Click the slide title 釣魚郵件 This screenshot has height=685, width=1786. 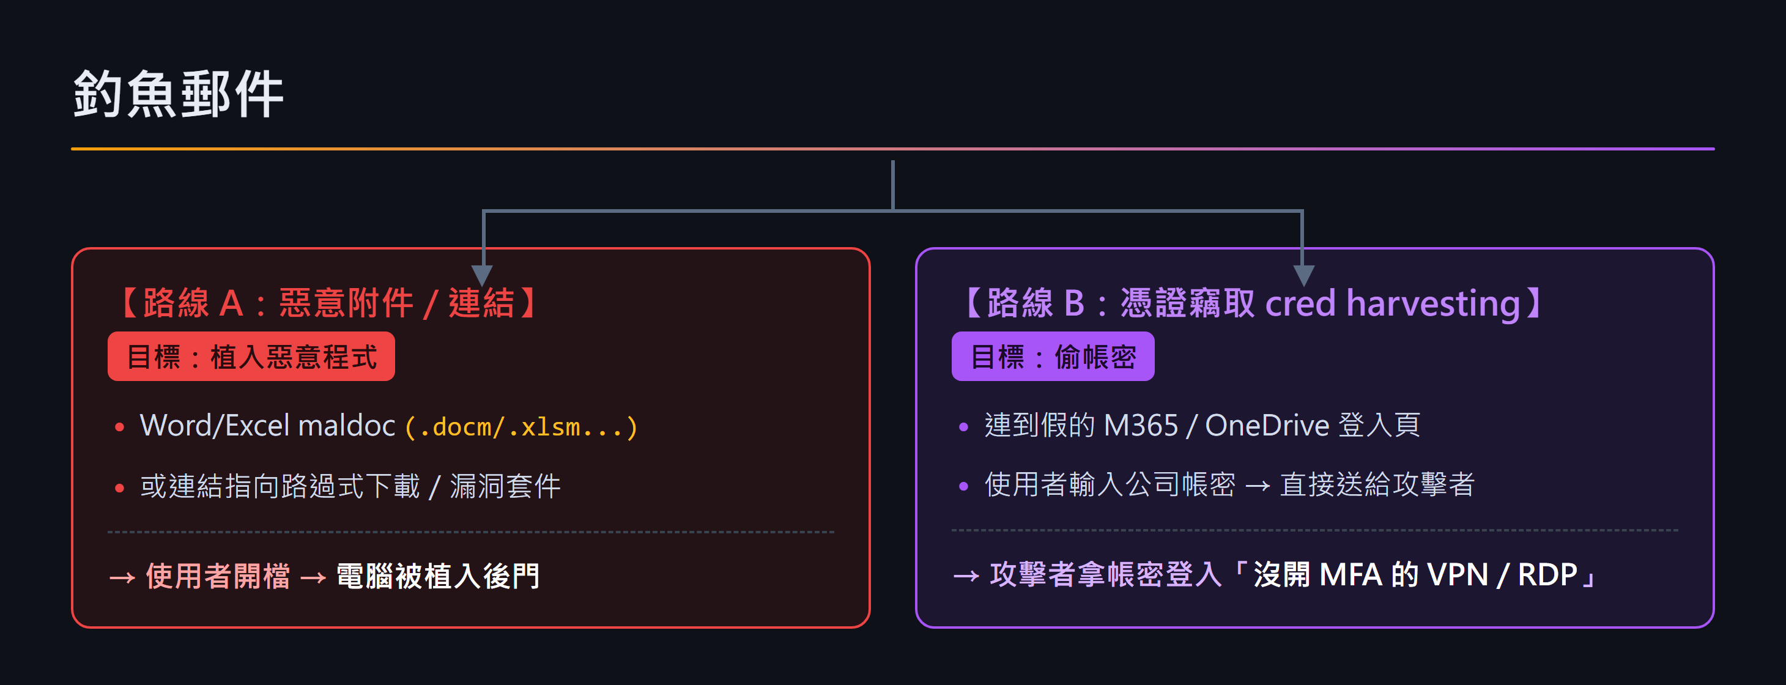[178, 94]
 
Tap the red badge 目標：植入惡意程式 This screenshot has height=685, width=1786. [251, 357]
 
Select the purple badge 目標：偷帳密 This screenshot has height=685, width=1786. [1053, 357]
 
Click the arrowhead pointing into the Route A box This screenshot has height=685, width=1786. [483, 275]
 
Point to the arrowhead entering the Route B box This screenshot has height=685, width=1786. [1303, 275]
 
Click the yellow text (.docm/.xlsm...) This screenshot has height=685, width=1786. [521, 426]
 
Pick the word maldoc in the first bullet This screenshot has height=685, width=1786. [347, 425]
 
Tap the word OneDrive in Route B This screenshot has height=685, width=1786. [1267, 425]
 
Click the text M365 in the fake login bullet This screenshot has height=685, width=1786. [1141, 425]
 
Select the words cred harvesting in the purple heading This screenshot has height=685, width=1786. [1392, 304]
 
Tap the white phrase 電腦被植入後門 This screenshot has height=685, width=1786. [437, 576]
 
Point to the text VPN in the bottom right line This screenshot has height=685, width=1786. [1458, 575]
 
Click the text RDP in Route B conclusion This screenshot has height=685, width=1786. [1547, 575]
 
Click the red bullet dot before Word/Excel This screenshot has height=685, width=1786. [119, 427]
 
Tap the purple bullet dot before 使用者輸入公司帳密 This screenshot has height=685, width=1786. [963, 486]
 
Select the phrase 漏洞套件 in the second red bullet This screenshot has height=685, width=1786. [505, 486]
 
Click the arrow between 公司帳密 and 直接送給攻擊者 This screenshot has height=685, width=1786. [1258, 486]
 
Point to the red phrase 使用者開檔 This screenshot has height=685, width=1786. [218, 576]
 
